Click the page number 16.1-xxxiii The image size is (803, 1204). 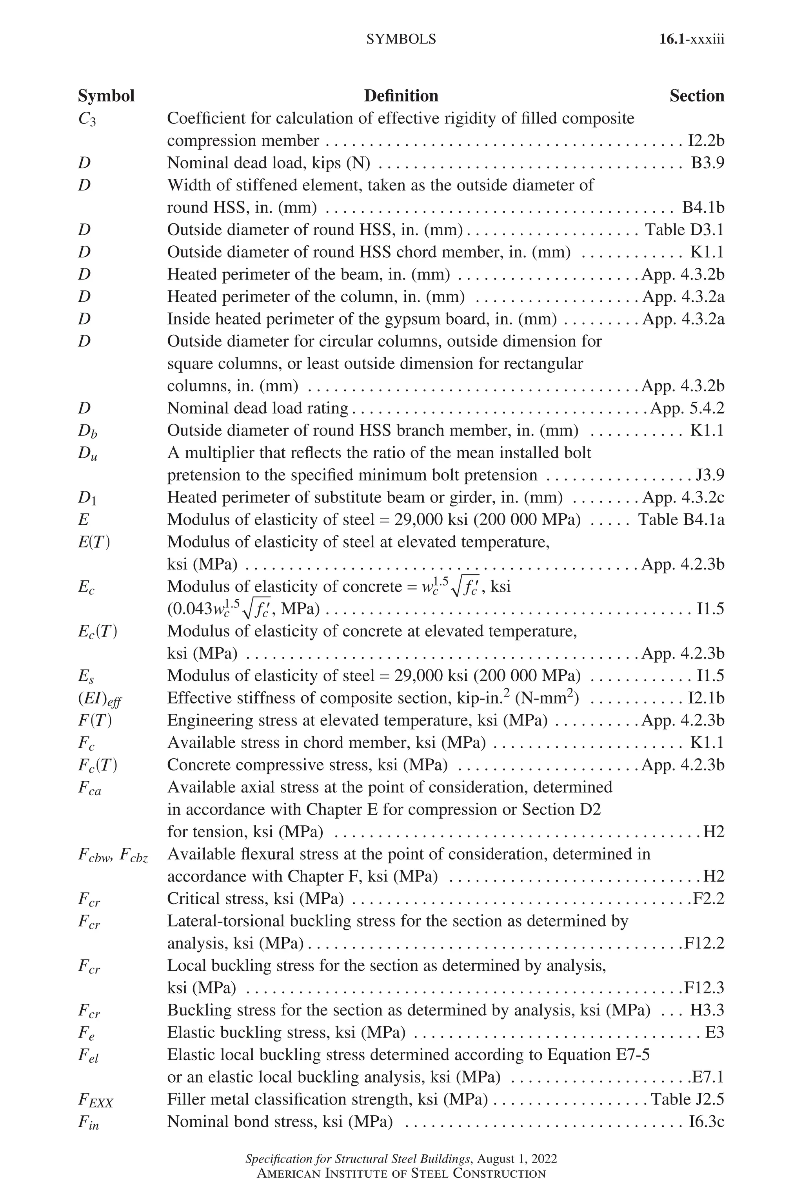point(691,40)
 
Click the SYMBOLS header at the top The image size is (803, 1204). point(401,40)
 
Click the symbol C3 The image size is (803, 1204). point(87,119)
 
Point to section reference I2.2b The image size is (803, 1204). point(705,140)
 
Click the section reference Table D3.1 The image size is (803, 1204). point(684,229)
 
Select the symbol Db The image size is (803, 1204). point(87,431)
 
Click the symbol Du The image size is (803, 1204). point(87,453)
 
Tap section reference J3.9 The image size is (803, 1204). point(710,475)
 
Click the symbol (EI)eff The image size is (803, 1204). point(100,699)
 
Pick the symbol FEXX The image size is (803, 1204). point(95,1101)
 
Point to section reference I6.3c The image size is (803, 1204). point(706,1122)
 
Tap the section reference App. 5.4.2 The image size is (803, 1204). point(687,408)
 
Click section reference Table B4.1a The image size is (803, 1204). point(681,520)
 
